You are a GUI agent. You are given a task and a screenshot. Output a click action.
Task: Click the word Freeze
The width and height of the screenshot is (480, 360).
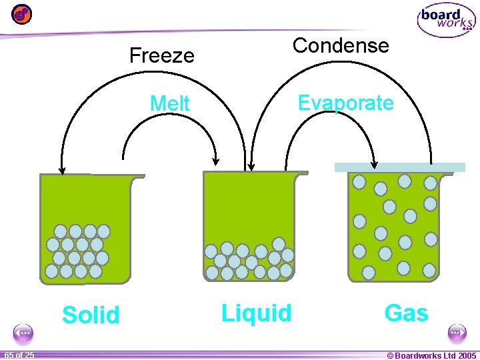(161, 55)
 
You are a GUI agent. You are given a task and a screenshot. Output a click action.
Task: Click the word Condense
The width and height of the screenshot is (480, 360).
(340, 46)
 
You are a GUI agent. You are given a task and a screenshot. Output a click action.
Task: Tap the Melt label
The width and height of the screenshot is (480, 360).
(170, 104)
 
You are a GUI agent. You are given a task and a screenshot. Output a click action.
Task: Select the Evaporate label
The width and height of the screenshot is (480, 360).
(345, 103)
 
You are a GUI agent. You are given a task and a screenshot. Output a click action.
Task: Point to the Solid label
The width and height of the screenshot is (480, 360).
(91, 315)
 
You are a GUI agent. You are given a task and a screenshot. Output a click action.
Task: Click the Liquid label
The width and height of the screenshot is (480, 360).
(257, 313)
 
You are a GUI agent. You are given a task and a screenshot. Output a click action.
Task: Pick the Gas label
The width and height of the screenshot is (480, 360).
(406, 313)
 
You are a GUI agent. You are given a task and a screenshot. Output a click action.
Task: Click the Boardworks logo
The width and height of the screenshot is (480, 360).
(445, 21)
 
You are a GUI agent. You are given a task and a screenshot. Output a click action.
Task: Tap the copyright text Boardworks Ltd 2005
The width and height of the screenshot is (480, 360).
(431, 355)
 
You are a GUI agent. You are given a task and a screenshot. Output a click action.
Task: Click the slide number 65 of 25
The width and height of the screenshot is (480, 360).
(19, 355)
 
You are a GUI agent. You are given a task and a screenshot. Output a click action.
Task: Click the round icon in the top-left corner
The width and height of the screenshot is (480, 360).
(21, 13)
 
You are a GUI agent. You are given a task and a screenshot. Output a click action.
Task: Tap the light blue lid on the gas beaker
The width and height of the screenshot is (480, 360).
(399, 167)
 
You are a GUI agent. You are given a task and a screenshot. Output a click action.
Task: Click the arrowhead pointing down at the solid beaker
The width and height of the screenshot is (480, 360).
(62, 169)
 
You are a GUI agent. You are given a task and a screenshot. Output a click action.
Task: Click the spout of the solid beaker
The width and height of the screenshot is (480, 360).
(138, 177)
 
